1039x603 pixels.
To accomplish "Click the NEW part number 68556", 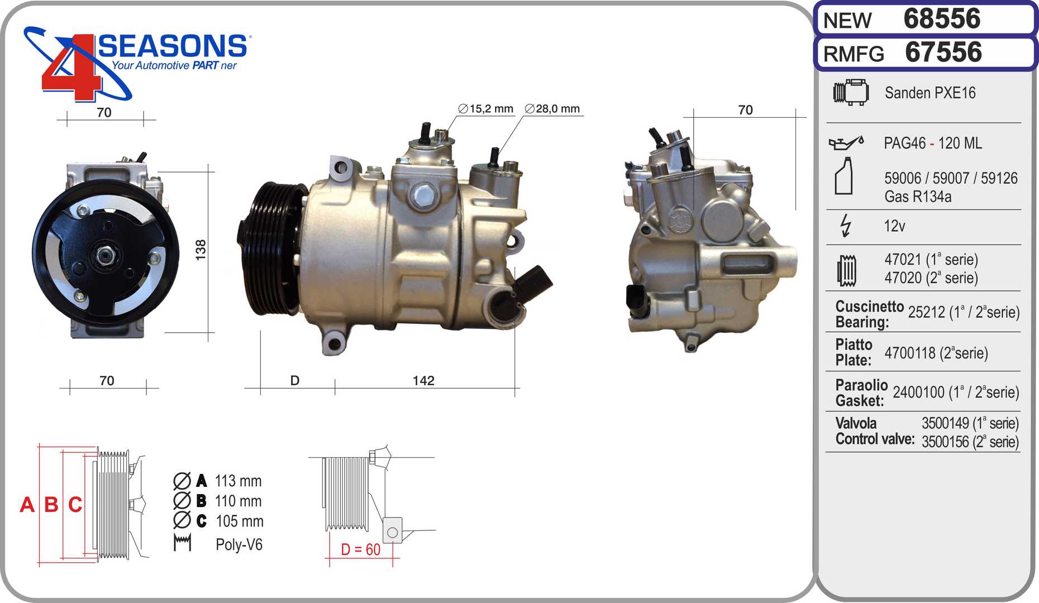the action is (x=942, y=18).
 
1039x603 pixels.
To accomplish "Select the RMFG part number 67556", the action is (x=943, y=52).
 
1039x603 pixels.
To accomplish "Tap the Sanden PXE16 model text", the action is (x=930, y=93).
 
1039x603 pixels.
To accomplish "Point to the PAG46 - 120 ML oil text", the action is (x=933, y=143).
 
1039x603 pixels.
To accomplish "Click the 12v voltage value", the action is (x=894, y=226).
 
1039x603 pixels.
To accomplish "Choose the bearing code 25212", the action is (x=926, y=312).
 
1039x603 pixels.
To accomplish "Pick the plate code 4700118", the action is (x=910, y=353).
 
